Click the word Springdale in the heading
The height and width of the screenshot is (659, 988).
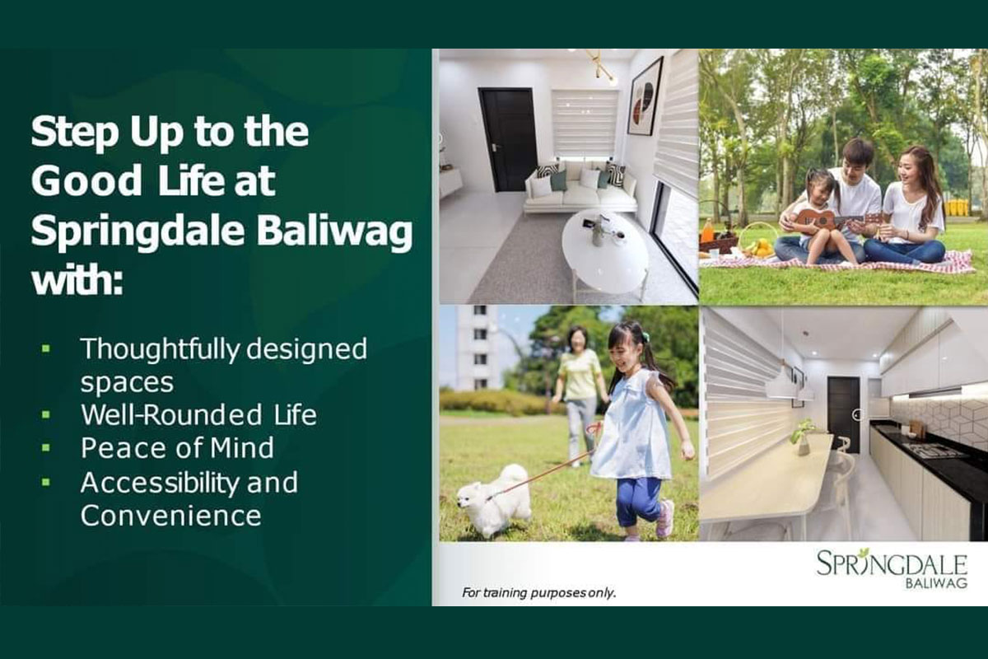click(x=137, y=231)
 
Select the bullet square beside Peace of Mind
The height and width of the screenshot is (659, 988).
click(x=46, y=447)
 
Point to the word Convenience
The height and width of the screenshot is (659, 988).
click(x=171, y=515)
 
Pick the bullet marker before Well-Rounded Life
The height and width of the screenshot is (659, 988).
click(x=46, y=414)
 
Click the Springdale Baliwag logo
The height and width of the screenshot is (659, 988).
click(x=892, y=568)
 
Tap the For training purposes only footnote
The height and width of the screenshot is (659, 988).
click(x=538, y=592)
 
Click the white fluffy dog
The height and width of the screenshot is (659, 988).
click(x=494, y=500)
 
